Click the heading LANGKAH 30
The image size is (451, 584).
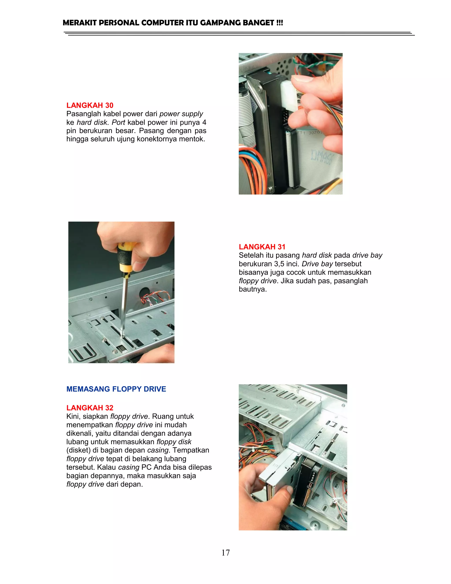point(90,105)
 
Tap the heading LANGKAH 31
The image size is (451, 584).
point(262,247)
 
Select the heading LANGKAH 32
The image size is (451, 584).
point(90,407)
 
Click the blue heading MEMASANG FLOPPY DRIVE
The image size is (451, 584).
point(116,389)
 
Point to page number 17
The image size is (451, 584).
point(225,552)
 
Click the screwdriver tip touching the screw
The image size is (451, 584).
point(122,335)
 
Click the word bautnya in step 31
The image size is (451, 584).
point(253,289)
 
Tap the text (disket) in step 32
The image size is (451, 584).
point(78,450)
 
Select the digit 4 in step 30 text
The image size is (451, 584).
point(204,122)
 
